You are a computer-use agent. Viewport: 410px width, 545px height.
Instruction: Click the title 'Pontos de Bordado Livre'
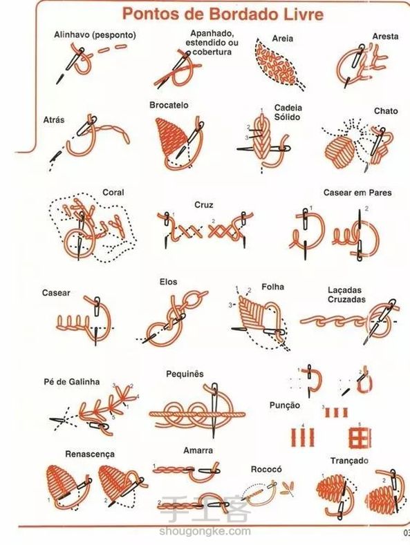coord(223,15)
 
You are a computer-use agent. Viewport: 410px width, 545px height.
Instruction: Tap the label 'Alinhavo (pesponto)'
coord(95,35)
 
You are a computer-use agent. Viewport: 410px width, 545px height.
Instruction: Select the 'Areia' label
coord(282,39)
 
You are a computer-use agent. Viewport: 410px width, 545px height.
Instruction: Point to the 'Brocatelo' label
coord(169,105)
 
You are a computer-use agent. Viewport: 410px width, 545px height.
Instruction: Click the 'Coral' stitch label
coord(113,192)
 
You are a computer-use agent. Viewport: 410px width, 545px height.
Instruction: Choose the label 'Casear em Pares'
coord(357,193)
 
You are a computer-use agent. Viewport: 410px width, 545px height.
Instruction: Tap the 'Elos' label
coord(169,282)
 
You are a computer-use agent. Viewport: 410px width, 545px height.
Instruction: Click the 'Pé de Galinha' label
coord(72,382)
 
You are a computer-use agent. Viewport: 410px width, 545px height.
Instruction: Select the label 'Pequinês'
coord(185,374)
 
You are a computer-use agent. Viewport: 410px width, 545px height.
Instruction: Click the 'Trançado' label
coord(349,461)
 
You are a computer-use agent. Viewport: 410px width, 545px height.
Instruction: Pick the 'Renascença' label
coord(90,455)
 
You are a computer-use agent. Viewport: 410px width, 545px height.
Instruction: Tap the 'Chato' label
coord(386,111)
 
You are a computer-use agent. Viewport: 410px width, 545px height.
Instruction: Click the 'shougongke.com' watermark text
coord(205,531)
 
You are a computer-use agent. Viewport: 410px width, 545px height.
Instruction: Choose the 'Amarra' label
coord(198,450)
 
